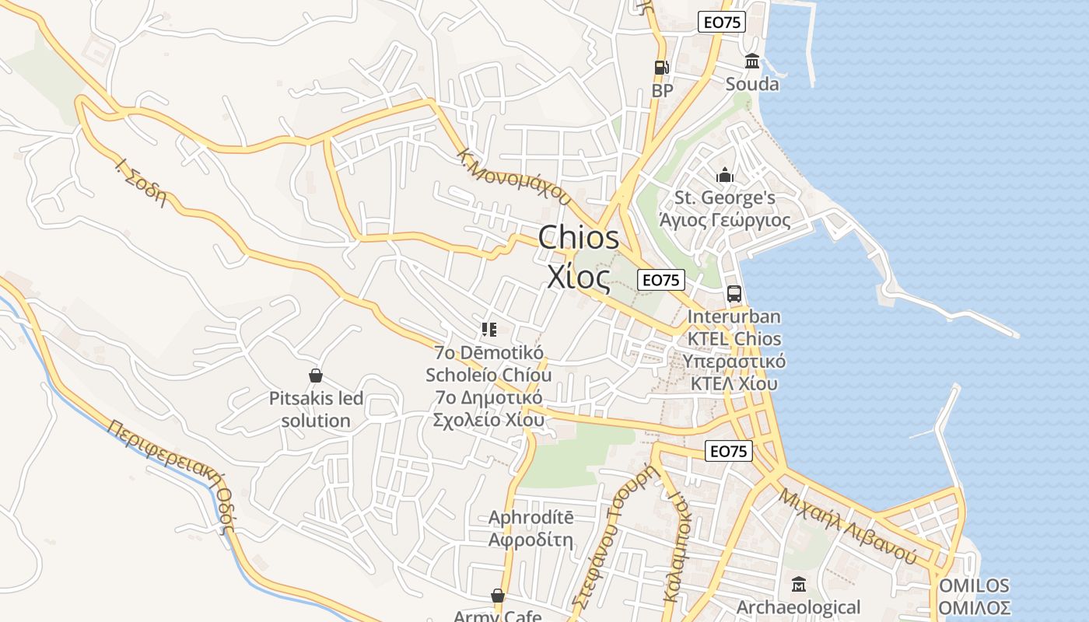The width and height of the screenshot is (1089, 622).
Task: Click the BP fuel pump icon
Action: [x=661, y=68]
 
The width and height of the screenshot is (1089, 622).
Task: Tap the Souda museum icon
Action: [x=752, y=61]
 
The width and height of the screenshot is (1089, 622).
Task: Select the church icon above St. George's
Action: [x=725, y=176]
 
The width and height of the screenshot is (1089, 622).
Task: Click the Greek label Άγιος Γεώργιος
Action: [x=725, y=221]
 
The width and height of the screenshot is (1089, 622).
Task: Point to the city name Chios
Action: [x=579, y=237]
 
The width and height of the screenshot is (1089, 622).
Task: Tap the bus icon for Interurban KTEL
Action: [x=734, y=294]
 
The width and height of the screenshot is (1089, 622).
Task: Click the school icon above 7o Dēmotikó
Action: [x=488, y=330]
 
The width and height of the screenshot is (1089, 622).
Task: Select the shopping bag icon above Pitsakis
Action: [x=316, y=376]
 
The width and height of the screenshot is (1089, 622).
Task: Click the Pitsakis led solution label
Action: [x=316, y=410]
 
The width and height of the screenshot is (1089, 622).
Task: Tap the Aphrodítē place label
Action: [x=530, y=518]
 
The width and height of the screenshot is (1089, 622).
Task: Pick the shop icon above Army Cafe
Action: [x=498, y=596]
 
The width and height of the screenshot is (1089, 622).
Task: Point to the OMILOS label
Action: [x=974, y=585]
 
